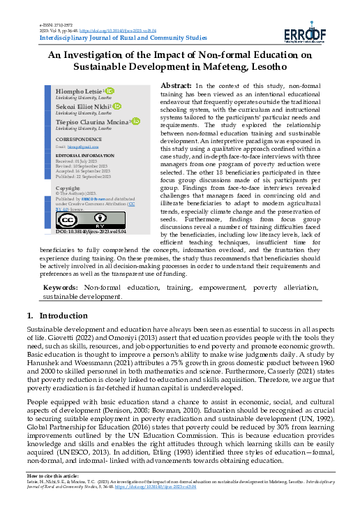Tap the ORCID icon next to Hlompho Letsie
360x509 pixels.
(109, 91)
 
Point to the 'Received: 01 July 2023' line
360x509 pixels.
(75, 160)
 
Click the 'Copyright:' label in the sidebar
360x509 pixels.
(68, 188)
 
